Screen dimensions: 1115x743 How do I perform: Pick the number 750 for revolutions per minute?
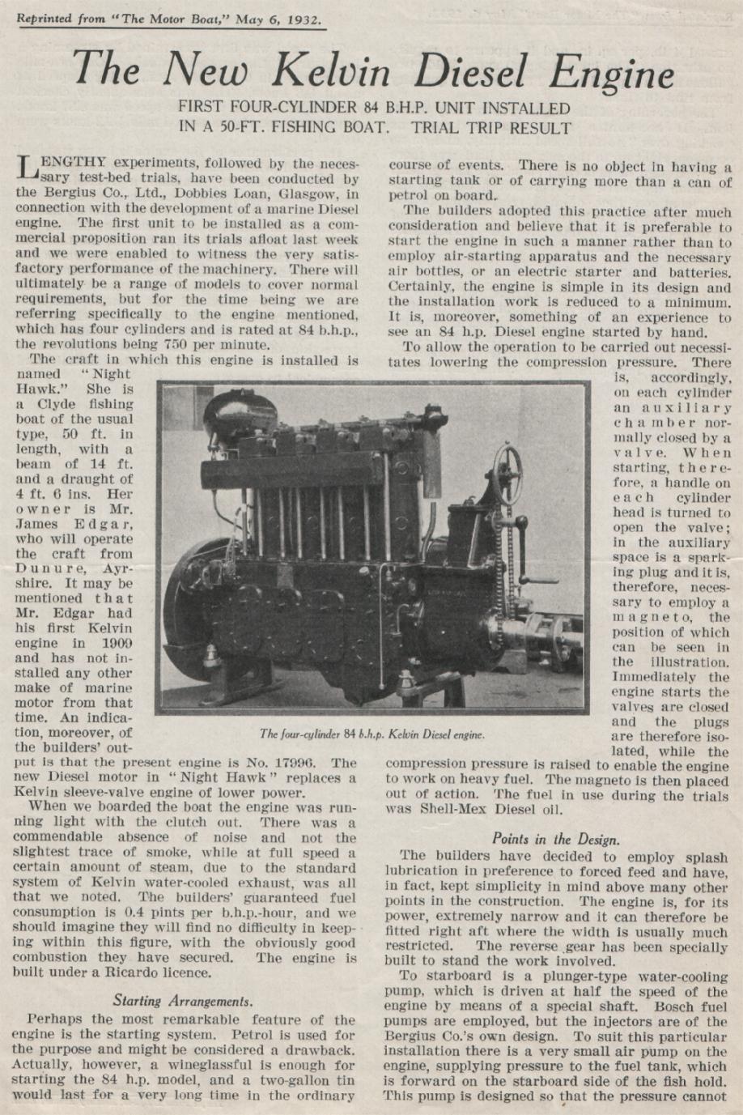(150, 343)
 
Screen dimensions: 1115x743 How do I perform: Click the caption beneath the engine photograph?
(371, 734)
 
